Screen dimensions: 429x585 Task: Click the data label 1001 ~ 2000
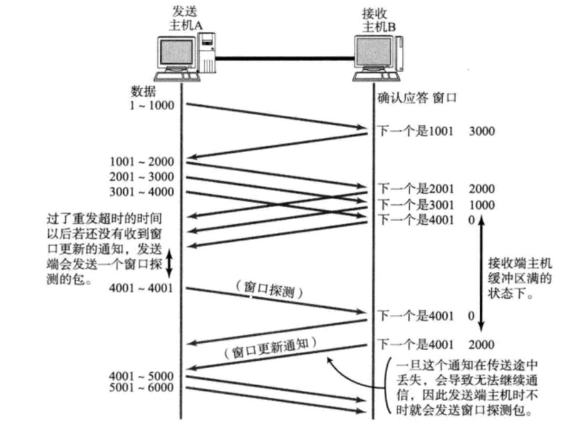point(142,161)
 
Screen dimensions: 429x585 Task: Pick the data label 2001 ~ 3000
point(142,177)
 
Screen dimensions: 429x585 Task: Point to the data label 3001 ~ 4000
point(142,191)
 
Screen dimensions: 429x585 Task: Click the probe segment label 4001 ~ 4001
point(142,288)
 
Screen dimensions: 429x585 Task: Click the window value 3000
point(481,131)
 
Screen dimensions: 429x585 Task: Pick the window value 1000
point(481,205)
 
